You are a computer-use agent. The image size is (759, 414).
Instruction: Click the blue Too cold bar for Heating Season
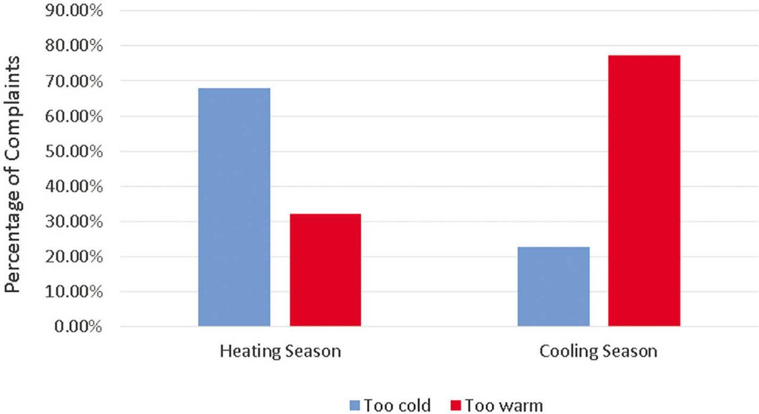pos(234,207)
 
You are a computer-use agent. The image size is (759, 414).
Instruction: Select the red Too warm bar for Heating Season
pos(325,270)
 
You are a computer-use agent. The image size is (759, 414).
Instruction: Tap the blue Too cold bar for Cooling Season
pos(553,286)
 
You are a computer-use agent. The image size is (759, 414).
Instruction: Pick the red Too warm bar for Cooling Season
pos(644,190)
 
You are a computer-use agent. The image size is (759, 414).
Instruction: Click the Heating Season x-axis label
pos(280,351)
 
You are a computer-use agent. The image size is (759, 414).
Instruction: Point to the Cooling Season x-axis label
pos(598,351)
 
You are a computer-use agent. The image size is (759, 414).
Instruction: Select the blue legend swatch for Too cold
pos(354,406)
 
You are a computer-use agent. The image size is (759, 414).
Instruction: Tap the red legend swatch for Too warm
pos(455,406)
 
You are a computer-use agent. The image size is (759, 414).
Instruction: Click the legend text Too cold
pos(397,406)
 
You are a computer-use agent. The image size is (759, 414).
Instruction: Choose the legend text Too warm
pos(503,406)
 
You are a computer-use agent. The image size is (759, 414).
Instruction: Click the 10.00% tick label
pos(71,292)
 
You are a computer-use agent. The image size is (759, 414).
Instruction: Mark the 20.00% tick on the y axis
pos(71,257)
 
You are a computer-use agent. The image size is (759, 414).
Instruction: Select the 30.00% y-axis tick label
pos(71,222)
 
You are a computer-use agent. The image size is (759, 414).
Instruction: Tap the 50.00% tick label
pos(71,151)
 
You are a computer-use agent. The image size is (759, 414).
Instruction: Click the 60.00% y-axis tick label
pos(71,116)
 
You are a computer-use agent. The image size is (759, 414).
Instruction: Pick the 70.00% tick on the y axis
pos(71,81)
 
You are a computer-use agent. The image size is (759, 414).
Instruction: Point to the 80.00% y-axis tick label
pos(71,46)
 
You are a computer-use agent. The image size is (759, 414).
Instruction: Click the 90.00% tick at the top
pos(71,11)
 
